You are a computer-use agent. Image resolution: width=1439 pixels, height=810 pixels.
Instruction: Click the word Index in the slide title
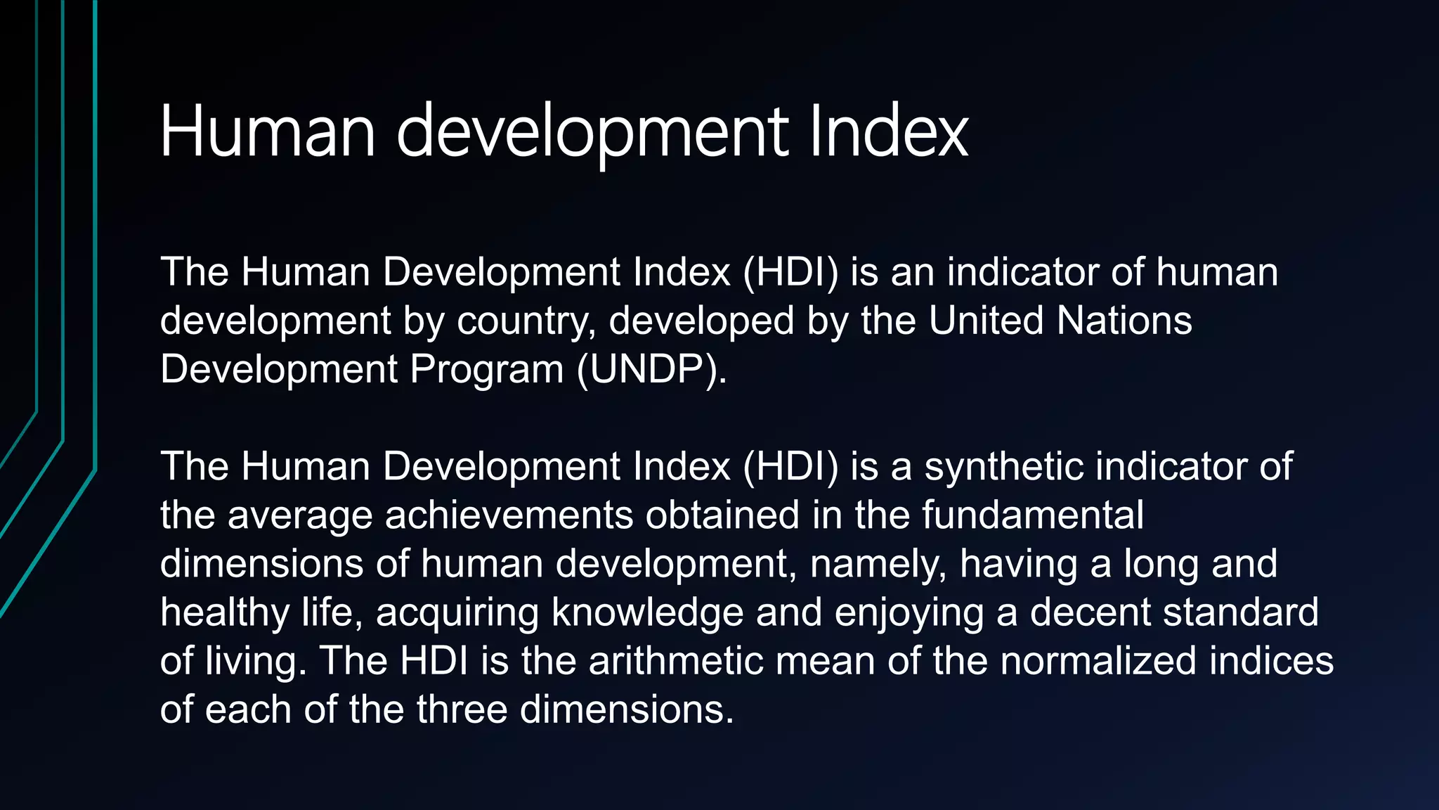point(889,131)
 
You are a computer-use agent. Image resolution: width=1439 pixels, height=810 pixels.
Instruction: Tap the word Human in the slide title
point(268,131)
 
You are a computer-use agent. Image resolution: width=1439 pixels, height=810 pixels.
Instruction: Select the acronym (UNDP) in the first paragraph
point(651,369)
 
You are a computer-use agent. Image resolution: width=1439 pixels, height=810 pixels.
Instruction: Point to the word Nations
point(1124,321)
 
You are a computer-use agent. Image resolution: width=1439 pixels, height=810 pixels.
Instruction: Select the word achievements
point(509,515)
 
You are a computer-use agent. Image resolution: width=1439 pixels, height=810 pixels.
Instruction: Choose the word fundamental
point(1032,515)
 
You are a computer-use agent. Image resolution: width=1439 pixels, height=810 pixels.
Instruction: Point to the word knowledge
point(647,613)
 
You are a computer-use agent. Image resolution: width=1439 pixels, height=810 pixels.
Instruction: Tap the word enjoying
point(909,613)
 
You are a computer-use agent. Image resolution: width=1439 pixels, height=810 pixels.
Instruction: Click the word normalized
point(1098,661)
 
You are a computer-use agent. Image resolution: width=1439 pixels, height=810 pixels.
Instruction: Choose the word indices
point(1271,661)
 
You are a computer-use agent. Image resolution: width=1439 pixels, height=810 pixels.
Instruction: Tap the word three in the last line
point(462,709)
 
